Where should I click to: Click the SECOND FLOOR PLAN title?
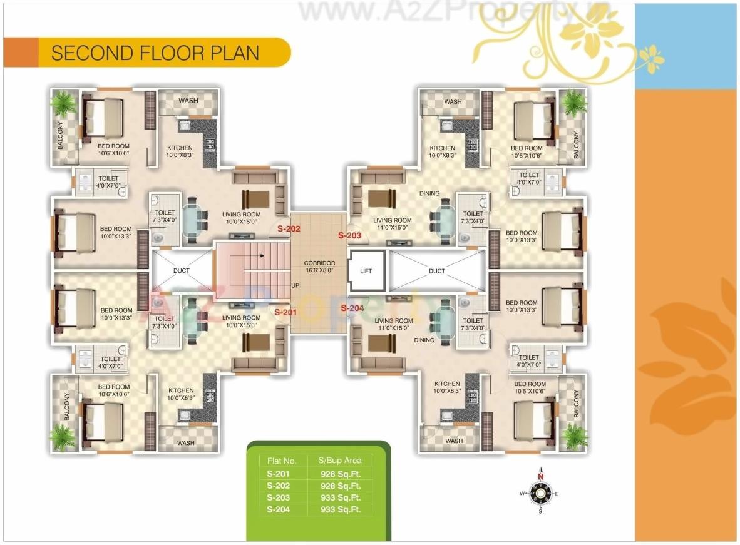point(155,53)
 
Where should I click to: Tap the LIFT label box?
point(366,271)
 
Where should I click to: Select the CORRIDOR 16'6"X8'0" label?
point(319,267)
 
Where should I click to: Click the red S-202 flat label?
point(289,229)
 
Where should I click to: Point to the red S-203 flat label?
point(350,236)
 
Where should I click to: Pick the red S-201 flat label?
point(285,312)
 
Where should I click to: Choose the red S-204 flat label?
point(352,308)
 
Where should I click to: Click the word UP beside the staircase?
point(295,285)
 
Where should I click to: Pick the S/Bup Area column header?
point(340,461)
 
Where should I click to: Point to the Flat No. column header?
point(282,461)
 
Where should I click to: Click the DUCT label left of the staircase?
point(182,271)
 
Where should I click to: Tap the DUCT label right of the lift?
point(437,271)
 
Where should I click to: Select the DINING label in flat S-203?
point(429,194)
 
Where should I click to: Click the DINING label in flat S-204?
point(424,340)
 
